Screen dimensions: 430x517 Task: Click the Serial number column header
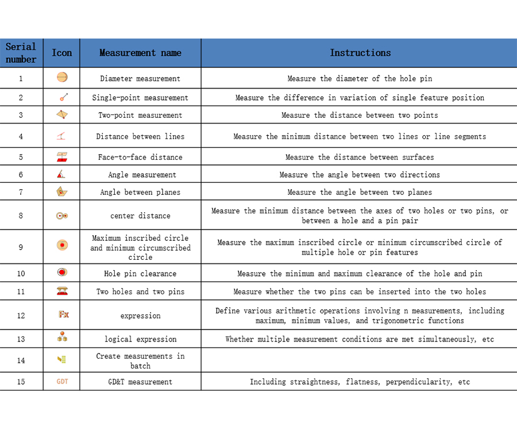click(x=21, y=53)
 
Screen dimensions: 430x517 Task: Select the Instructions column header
click(x=360, y=53)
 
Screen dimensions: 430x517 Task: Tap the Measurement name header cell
click(x=140, y=53)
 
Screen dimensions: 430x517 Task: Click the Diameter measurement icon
click(x=62, y=78)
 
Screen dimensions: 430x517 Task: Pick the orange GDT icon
click(x=62, y=381)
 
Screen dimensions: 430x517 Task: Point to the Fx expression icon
click(x=63, y=315)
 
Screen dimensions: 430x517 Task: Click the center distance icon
click(x=62, y=216)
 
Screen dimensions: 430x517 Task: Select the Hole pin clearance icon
click(x=62, y=272)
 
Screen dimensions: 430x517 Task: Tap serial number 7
click(x=21, y=192)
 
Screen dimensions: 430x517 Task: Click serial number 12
click(x=21, y=316)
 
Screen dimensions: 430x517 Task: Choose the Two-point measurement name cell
click(x=140, y=115)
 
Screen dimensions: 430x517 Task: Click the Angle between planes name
click(x=140, y=192)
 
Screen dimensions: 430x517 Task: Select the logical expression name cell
click(x=140, y=339)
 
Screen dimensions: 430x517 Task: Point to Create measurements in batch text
click(x=140, y=360)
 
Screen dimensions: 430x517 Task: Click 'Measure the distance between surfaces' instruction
click(x=360, y=157)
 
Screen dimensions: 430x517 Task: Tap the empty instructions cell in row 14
click(x=360, y=360)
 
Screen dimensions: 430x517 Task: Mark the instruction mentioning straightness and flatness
click(x=360, y=382)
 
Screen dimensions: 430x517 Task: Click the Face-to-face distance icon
click(x=62, y=157)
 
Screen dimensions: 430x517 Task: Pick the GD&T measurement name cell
click(x=140, y=382)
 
